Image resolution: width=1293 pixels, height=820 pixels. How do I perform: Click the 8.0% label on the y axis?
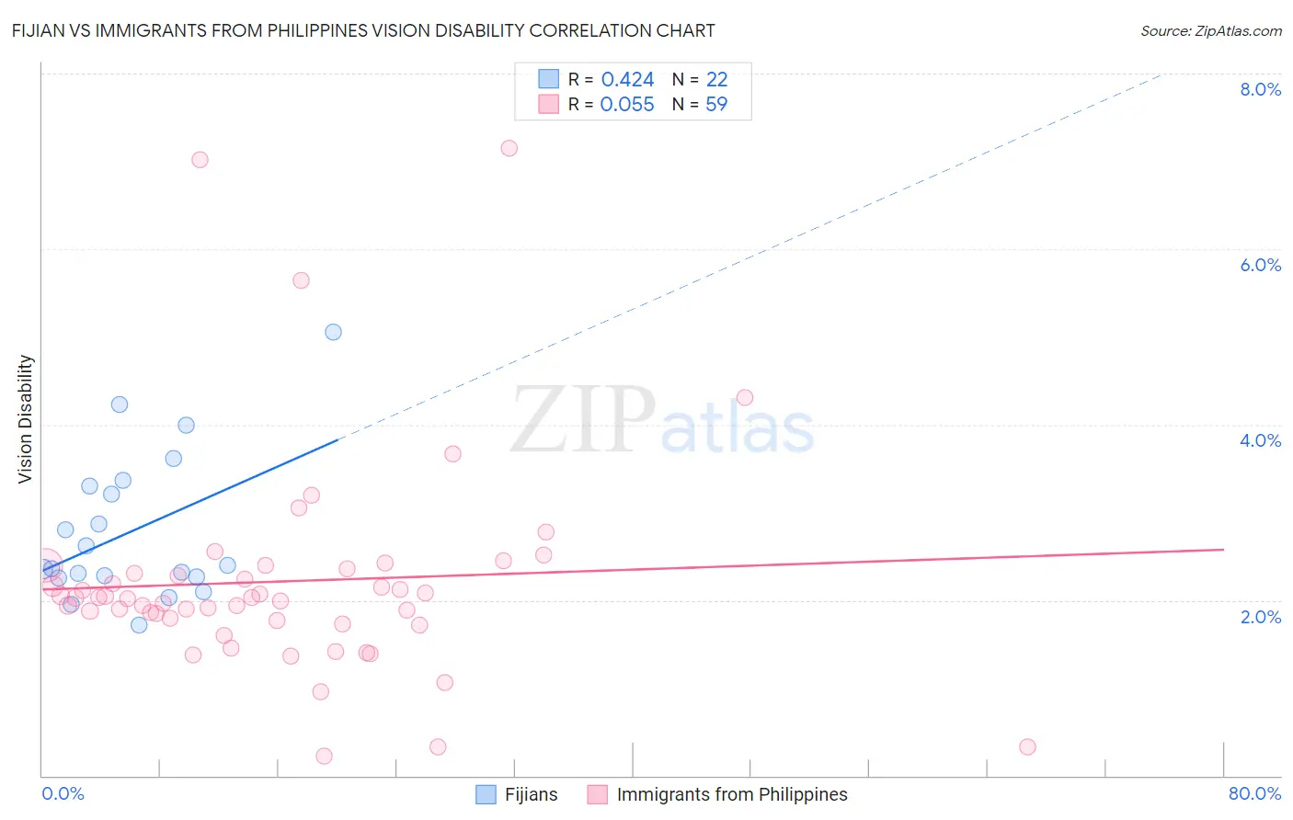(1260, 89)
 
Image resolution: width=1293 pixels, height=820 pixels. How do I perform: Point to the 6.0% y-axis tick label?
(1260, 265)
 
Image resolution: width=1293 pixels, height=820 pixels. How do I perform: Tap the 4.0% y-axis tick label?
(1260, 440)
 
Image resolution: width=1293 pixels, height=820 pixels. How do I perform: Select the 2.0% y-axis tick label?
(1260, 617)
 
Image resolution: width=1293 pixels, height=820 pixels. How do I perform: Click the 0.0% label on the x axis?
(63, 793)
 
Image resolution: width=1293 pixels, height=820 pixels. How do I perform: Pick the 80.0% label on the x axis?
(1254, 793)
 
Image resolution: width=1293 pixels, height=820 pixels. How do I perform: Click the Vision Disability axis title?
(26, 419)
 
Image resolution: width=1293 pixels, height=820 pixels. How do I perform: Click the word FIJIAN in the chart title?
(40, 30)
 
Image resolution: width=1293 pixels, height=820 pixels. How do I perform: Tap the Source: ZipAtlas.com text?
(1210, 30)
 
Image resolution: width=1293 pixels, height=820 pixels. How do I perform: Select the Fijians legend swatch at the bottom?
(486, 794)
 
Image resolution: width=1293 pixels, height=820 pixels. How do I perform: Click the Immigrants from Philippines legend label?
(732, 794)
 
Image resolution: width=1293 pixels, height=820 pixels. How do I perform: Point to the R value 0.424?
(627, 80)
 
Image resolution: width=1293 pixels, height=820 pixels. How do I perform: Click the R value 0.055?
(627, 105)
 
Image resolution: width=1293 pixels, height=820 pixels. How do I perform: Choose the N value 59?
(716, 105)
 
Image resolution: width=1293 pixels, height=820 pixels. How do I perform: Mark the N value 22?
(716, 80)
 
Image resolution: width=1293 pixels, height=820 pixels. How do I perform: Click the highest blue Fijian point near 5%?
(334, 332)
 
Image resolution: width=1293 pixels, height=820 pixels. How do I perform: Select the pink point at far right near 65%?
(1028, 746)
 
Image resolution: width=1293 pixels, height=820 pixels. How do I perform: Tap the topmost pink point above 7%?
(509, 148)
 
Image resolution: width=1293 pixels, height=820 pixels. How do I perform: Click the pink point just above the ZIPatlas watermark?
(745, 397)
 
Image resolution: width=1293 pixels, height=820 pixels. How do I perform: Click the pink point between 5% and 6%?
(301, 280)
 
